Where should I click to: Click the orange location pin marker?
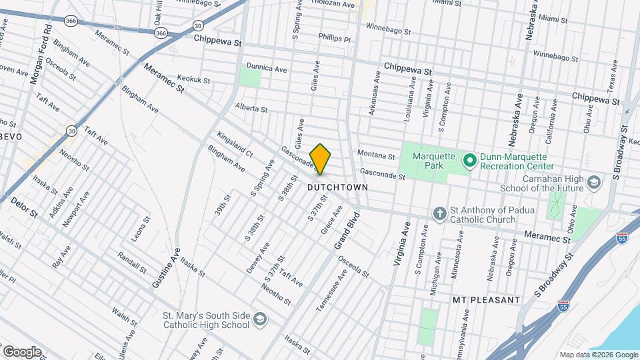[x=321, y=159]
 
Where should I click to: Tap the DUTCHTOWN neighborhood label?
[x=338, y=188]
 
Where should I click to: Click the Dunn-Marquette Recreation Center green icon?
[x=469, y=160]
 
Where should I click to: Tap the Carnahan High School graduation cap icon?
[x=592, y=182]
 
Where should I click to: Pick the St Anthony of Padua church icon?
[x=439, y=214]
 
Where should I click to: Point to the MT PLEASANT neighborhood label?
[x=486, y=300]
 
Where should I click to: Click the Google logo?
[x=22, y=351]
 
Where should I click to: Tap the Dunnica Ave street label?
[x=267, y=68]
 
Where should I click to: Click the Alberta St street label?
[x=251, y=108]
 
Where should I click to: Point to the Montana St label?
[x=376, y=154]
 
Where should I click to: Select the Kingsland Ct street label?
[x=235, y=143]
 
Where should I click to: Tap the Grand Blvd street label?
[x=347, y=231]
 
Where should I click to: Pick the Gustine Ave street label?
[x=166, y=267]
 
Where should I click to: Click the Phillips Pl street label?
[x=334, y=39]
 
